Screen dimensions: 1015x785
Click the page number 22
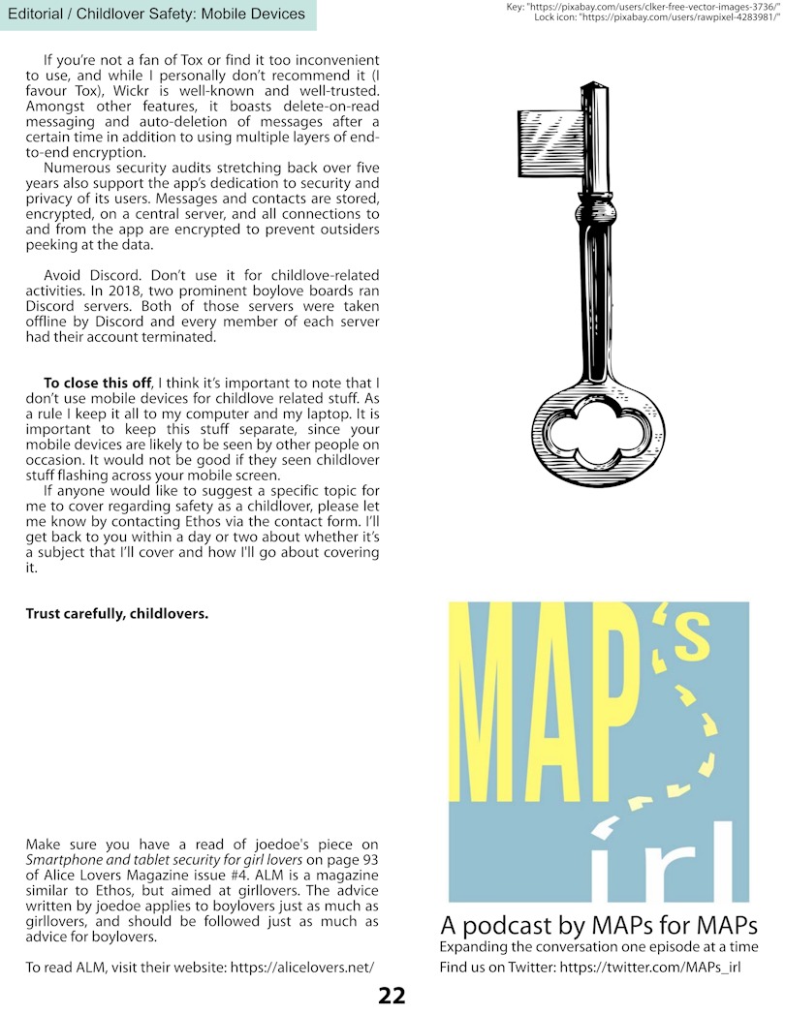392,996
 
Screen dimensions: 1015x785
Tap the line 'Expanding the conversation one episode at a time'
599,946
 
